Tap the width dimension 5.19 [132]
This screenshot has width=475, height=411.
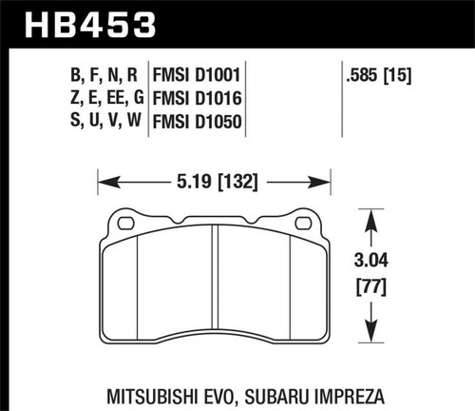click(213, 177)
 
